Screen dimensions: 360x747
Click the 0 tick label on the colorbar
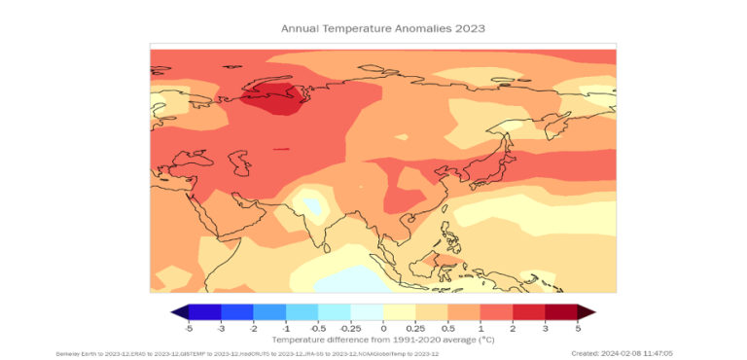(x=383, y=329)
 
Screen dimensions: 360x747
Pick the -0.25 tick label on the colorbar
(x=351, y=329)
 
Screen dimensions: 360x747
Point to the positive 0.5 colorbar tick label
(x=448, y=329)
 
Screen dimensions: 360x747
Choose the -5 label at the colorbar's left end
(x=188, y=329)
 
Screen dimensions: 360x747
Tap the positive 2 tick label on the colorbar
(x=513, y=329)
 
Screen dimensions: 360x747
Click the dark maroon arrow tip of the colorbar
(x=586, y=312)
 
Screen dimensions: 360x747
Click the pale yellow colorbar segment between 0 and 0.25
(x=400, y=312)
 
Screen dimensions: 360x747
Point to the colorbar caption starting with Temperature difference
(x=382, y=340)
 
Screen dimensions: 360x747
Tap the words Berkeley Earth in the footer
(x=74, y=354)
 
